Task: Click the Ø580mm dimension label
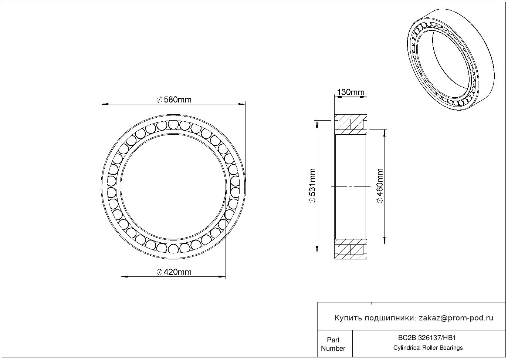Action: [174, 100]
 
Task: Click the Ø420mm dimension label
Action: [174, 272]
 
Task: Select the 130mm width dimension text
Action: [350, 92]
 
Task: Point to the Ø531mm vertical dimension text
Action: [312, 186]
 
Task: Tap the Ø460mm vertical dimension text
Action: [380, 186]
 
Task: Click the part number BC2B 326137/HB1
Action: [427, 338]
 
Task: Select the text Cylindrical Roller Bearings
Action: [428, 348]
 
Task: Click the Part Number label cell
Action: [333, 344]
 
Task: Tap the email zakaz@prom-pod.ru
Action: [456, 318]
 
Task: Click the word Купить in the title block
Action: [348, 318]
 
